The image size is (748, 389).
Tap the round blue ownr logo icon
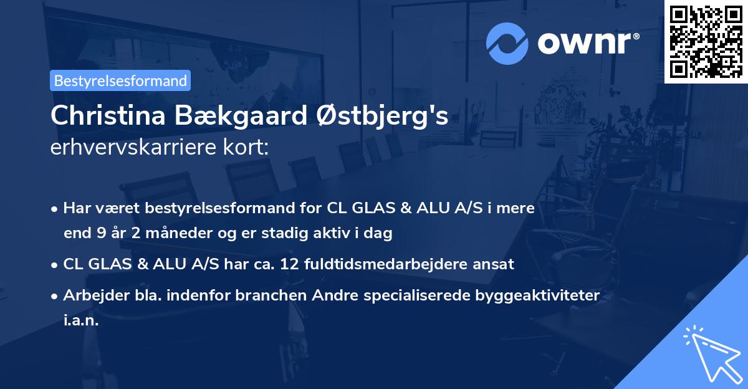(507, 42)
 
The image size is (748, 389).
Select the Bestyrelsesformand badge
(120, 80)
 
